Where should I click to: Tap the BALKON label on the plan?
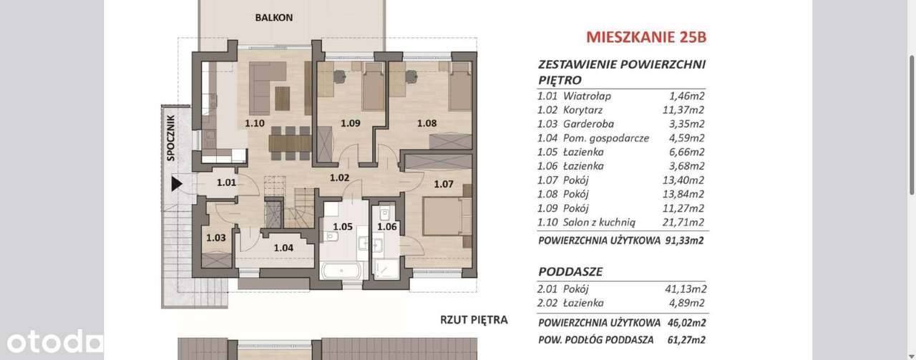click(x=273, y=18)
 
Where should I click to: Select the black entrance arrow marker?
click(x=177, y=184)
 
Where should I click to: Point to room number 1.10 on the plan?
click(x=255, y=123)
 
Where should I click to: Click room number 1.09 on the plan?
click(x=350, y=123)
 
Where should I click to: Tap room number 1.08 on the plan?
click(x=427, y=123)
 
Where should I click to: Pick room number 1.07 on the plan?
click(x=444, y=184)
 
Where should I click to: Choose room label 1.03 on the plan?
click(x=216, y=238)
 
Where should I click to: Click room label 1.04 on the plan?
click(x=284, y=248)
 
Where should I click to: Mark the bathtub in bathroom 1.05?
click(x=342, y=271)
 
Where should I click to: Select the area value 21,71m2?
click(x=685, y=222)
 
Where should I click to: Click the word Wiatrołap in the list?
click(x=587, y=96)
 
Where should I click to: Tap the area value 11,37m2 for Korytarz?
click(x=685, y=110)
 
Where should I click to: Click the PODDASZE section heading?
click(x=570, y=272)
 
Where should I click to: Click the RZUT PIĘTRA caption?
click(x=474, y=319)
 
